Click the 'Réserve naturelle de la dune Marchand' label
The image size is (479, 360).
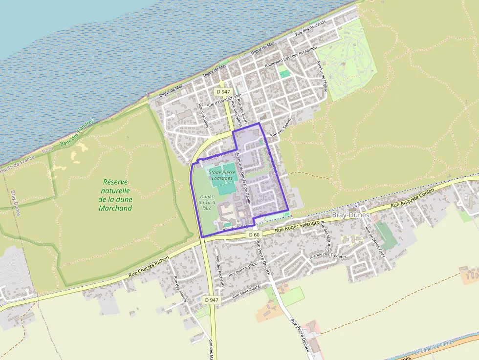[x=115, y=195]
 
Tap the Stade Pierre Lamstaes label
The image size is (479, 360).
[x=222, y=175]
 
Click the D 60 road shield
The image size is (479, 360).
[x=254, y=235]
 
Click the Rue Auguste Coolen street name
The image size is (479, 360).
[x=412, y=199]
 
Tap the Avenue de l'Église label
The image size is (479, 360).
[x=321, y=76]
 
